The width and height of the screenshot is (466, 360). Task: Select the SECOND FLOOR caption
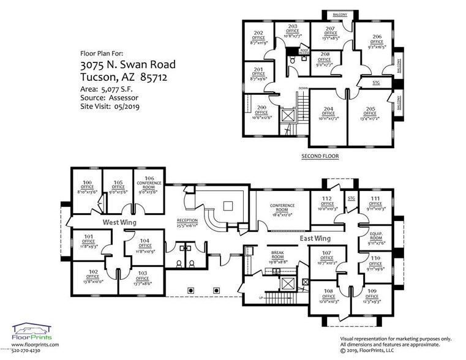pos(320,156)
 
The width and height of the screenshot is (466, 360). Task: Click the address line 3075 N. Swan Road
pos(128,64)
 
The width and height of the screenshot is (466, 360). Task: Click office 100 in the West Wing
pos(87,186)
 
